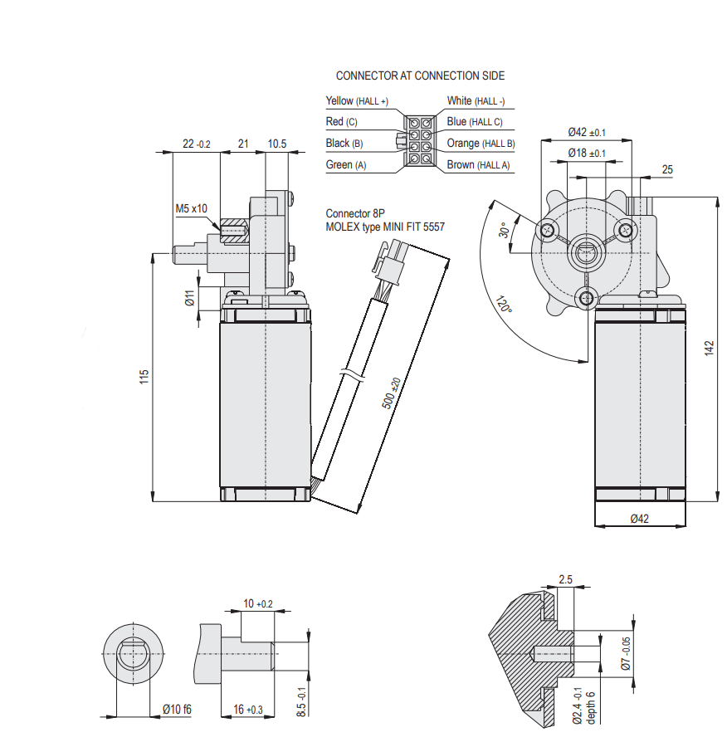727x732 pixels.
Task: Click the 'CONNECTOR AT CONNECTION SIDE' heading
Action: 420,76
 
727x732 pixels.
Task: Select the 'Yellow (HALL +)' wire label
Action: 358,101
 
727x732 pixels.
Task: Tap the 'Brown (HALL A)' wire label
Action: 479,165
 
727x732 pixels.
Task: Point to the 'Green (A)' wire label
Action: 346,165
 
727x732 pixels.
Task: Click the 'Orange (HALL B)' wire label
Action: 481,144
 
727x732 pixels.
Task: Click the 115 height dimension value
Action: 144,377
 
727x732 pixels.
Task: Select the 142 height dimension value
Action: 709,349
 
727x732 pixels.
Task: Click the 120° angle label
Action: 504,305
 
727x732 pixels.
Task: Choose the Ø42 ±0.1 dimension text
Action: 587,132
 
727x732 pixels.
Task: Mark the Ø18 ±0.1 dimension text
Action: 587,154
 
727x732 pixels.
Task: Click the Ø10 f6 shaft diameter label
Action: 177,709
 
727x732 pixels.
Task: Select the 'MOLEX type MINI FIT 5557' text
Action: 384,226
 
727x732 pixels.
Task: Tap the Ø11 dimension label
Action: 189,298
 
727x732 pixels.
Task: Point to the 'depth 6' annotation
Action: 591,706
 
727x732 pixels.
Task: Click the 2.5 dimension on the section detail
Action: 566,579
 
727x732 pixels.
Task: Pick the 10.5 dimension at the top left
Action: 276,144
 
